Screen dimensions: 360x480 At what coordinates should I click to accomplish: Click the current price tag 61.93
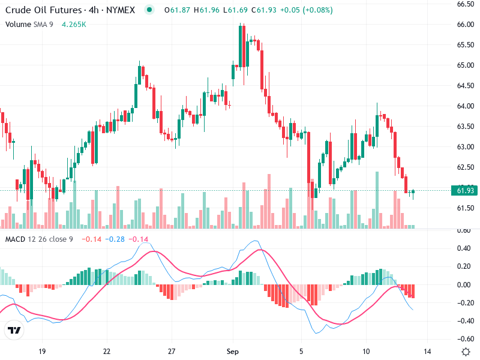tap(466, 191)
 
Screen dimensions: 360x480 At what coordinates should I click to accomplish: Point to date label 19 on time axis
tap(41, 351)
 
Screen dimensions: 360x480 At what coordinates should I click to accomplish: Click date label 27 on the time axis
tap(172, 351)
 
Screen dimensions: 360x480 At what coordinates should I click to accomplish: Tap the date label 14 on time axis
tap(428, 351)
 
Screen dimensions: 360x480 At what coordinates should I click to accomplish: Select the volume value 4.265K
tap(74, 25)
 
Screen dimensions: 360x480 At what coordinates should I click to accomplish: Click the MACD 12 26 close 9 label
tap(40, 239)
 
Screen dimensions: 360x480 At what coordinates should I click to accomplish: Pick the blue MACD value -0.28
tap(115, 239)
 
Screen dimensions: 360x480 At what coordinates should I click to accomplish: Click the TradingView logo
tap(14, 331)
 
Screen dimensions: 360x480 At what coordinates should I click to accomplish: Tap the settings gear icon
tap(465, 351)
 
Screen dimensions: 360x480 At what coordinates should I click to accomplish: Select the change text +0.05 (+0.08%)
tap(302, 10)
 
